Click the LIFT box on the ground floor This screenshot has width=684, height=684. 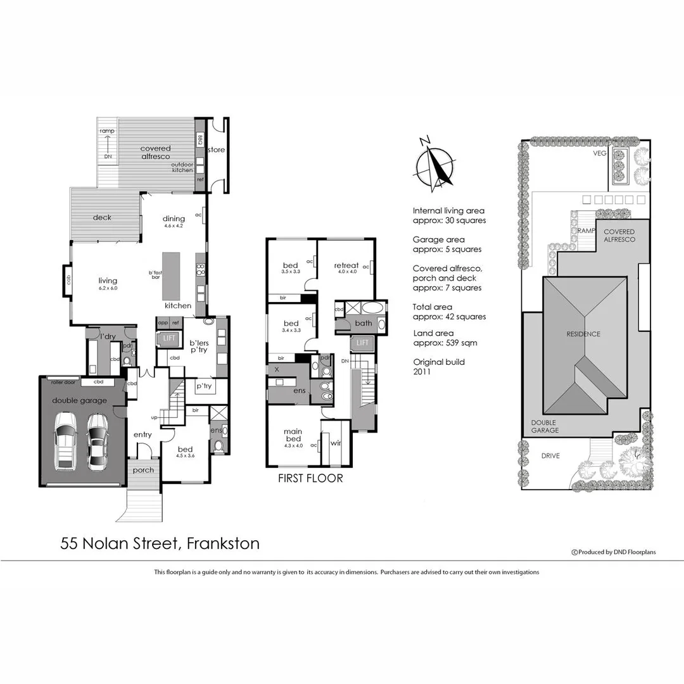coord(169,338)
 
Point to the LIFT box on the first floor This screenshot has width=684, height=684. coord(362,343)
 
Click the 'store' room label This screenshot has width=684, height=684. coord(217,150)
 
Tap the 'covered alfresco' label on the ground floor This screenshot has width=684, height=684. coord(155,153)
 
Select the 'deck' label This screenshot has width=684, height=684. coord(102,217)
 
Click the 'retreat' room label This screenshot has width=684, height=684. coord(346,265)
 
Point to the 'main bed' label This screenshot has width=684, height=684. coord(293,436)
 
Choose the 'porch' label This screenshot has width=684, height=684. coord(142,470)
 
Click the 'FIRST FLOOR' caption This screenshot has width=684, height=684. coord(310,478)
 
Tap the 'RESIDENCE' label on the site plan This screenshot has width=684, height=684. coord(583,334)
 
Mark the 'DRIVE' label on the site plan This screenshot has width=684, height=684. coord(550,455)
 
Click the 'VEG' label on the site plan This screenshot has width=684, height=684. coord(599,153)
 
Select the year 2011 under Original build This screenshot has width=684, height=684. coord(422,372)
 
